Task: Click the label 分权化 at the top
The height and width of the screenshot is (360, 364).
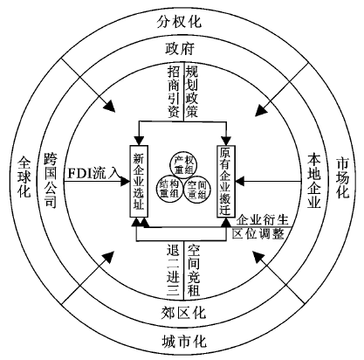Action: pos(179,21)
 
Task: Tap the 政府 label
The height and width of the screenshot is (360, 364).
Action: pos(180,49)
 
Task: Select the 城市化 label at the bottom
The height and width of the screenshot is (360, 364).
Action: pos(184,341)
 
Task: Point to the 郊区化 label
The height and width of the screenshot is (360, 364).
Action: pos(183,313)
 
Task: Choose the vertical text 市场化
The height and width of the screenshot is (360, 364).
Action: pos(342,177)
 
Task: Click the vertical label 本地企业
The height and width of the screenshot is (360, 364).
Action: pos(314,181)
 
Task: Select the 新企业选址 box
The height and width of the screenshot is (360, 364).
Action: pos(139,181)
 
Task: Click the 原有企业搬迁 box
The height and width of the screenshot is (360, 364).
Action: pos(226,181)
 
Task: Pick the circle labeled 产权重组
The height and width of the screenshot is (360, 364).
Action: pos(183,164)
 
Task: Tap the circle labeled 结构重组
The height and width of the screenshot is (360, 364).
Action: pos(169,189)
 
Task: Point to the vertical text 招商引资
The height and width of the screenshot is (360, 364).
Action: pos(174,91)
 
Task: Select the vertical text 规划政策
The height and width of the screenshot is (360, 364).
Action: pos(192,91)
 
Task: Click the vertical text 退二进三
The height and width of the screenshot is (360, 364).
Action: pos(174,271)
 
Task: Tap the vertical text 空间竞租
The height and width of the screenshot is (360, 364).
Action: pos(193,271)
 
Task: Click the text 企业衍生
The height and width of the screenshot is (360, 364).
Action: pos(262,220)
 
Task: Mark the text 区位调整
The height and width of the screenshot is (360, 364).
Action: pos(258,233)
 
